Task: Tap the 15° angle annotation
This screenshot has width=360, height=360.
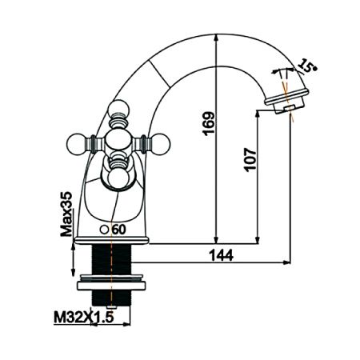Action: coord(305,63)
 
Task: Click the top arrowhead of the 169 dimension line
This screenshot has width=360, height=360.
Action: coord(216,38)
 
